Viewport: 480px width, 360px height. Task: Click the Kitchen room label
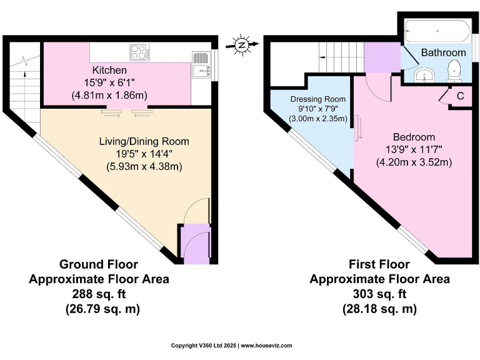point(109,70)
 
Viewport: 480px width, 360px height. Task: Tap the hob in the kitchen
point(138,52)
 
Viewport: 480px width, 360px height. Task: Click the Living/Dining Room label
point(144,142)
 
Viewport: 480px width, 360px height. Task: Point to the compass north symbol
point(241,44)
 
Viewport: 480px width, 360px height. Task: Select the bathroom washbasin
point(425,76)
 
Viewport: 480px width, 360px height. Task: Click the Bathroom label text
point(443,53)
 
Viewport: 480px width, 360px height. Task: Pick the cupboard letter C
point(460,96)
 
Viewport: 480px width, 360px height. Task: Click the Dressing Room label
point(318,99)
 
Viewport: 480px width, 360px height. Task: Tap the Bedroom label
point(414,137)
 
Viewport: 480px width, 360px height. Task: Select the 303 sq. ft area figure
point(379,294)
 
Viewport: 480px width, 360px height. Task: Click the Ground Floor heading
point(98,264)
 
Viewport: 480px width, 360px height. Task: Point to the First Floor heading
point(379,264)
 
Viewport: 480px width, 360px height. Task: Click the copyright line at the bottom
point(232,346)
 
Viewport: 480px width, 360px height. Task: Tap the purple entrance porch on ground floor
point(194,243)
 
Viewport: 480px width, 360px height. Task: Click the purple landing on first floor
point(381,57)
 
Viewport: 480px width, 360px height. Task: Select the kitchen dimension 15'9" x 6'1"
point(109,82)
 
